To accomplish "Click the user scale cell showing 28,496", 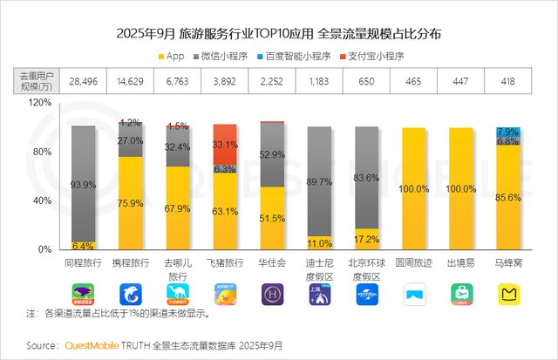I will point(84,81).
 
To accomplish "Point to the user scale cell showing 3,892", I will point(225,81).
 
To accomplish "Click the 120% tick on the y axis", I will point(41,102).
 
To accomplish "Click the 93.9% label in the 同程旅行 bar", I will point(84,185).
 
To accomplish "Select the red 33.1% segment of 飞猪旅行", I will point(225,144).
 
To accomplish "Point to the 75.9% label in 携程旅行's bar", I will point(131,206).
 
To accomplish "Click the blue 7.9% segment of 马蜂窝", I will point(509,132).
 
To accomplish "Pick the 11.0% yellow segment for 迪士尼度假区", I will point(320,243).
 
